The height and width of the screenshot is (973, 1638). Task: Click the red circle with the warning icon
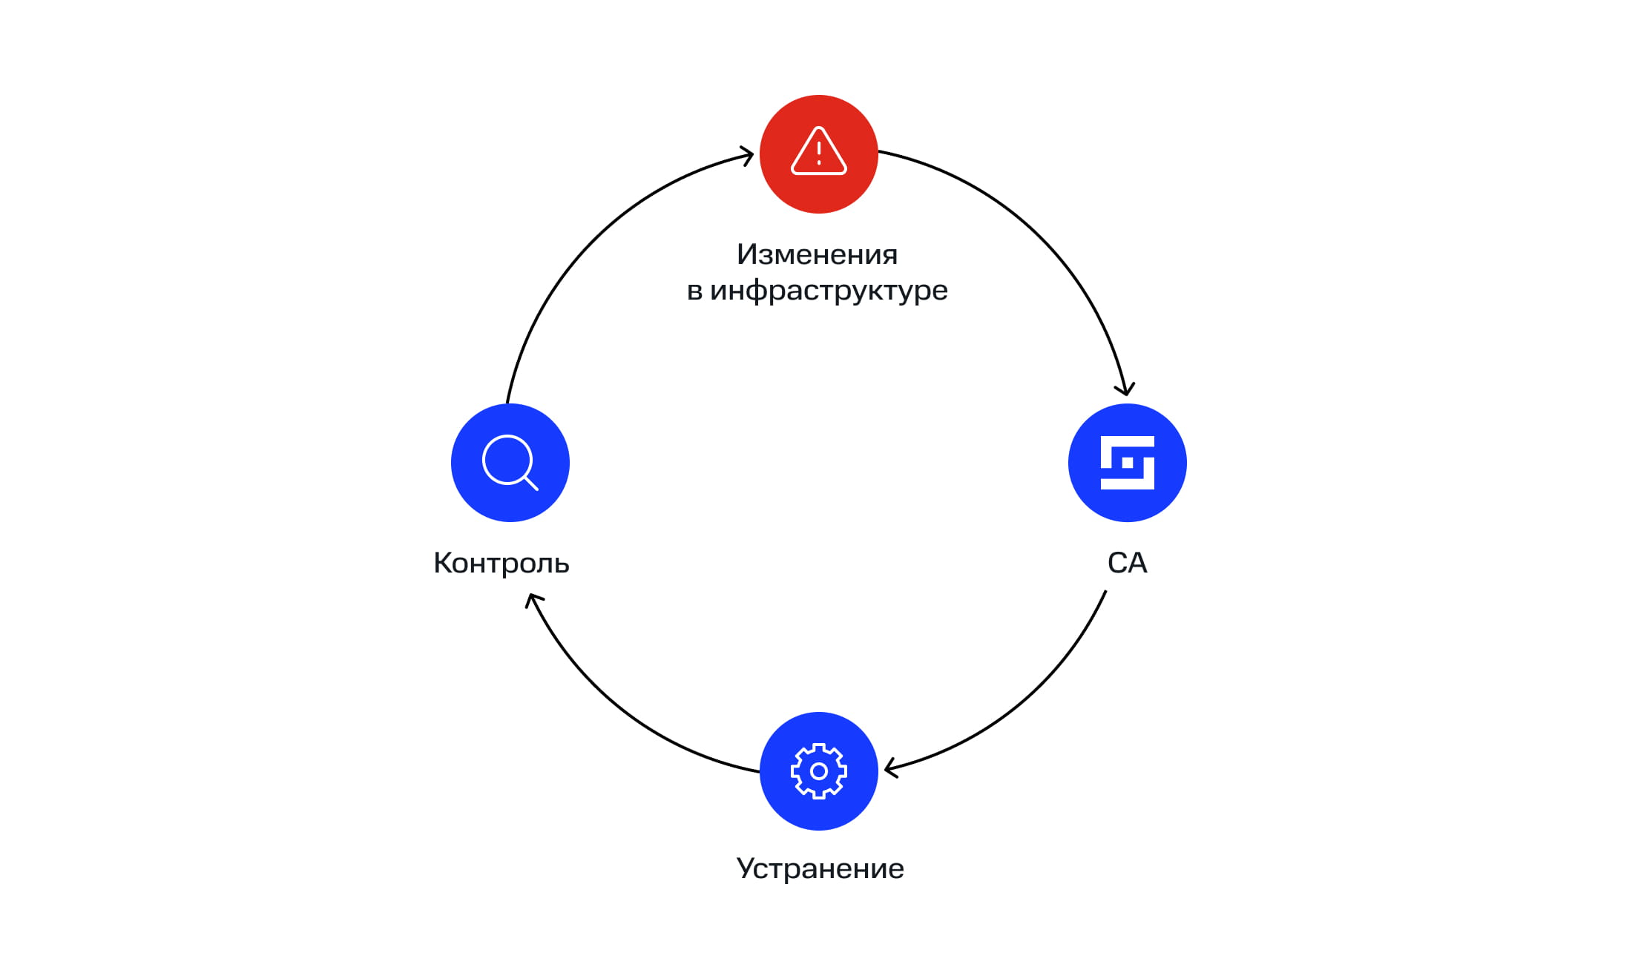819,154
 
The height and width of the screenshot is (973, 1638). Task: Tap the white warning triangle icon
819,151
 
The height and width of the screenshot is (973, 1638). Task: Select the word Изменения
818,254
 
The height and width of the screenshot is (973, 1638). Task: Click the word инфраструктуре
829,291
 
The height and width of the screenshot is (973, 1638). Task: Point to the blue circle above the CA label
1128,463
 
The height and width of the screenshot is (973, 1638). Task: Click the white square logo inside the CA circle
1128,463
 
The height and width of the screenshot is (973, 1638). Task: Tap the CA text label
1128,563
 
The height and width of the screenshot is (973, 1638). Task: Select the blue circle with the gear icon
819,771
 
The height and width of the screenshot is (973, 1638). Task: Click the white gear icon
819,771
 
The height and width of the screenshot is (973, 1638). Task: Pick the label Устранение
820,869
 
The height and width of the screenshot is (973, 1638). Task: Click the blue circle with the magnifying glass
510,463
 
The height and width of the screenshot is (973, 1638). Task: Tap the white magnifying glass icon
510,463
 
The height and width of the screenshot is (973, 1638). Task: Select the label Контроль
501,564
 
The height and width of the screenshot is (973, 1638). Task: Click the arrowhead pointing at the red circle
748,155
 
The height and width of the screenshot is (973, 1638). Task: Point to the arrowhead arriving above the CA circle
1125,389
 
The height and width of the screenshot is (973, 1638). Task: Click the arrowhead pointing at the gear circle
891,768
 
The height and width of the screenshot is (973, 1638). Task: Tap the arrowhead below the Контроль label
533,599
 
